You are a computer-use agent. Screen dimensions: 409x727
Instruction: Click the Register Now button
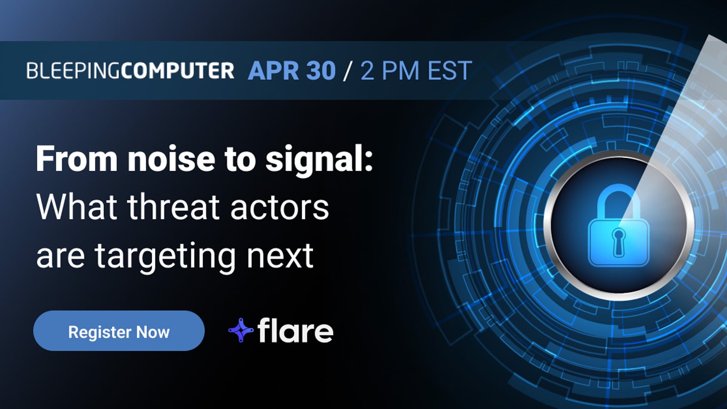click(x=119, y=331)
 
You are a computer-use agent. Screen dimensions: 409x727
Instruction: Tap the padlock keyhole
click(x=618, y=241)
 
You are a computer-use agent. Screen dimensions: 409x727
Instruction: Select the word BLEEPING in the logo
click(x=73, y=71)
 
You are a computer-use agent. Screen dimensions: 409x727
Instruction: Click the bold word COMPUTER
click(x=178, y=71)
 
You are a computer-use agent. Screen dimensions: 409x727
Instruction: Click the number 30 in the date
click(x=321, y=71)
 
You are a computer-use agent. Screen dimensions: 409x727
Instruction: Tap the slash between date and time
click(x=348, y=71)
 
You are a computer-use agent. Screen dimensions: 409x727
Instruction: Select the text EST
click(x=450, y=71)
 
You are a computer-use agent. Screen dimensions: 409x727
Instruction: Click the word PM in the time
click(x=400, y=71)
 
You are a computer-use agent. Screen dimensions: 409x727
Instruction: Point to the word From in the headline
click(x=77, y=159)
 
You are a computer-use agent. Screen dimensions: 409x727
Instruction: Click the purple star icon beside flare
click(x=241, y=330)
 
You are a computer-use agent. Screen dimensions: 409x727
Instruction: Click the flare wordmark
click(x=295, y=330)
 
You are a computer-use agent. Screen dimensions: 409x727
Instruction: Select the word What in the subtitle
click(x=77, y=207)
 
